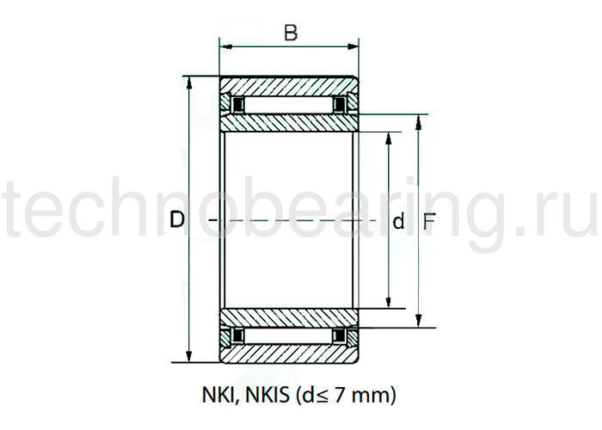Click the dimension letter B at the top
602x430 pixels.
pyautogui.click(x=291, y=34)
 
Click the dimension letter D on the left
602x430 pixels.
pyautogui.click(x=177, y=220)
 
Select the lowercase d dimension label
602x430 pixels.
pyautogui.click(x=398, y=222)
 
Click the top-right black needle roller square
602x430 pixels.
pyautogui.click(x=341, y=106)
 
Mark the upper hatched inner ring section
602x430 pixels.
pyautogui.click(x=289, y=123)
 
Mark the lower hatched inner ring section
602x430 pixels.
pyautogui.click(x=289, y=316)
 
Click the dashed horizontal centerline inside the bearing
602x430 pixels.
pyautogui.click(x=292, y=222)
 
